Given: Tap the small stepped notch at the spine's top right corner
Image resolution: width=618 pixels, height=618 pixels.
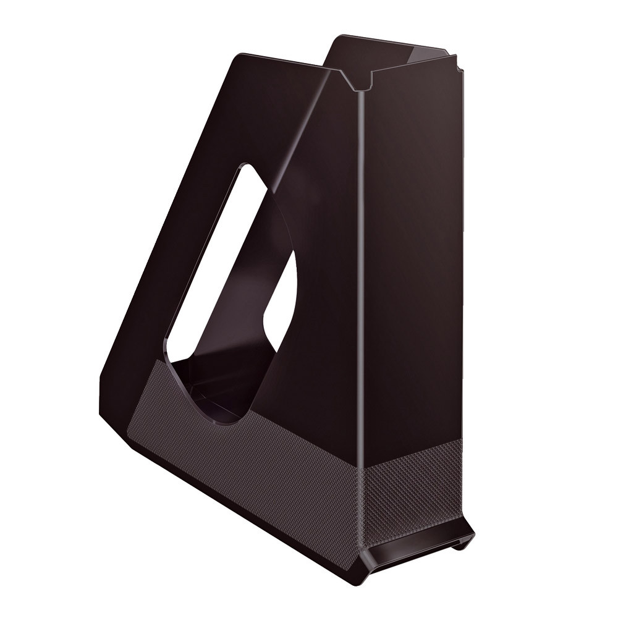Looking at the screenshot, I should (457, 62).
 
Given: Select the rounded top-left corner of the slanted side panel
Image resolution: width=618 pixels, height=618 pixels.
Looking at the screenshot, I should (239, 59).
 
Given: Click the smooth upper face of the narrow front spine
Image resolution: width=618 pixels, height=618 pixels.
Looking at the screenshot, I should (411, 247).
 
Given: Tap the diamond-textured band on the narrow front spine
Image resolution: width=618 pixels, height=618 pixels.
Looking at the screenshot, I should (411, 488).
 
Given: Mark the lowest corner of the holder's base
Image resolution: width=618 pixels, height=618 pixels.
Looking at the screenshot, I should (358, 581).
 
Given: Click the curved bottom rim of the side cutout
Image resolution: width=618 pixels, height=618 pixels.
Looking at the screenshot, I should (216, 420).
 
